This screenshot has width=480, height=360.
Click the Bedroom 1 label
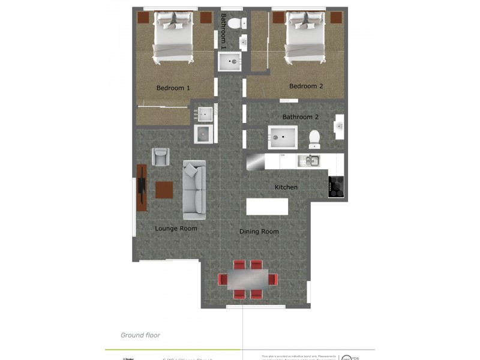click(173, 88)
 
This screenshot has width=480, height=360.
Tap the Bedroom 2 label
click(306, 86)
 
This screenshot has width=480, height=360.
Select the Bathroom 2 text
click(300, 117)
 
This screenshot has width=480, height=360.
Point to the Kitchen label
click(286, 187)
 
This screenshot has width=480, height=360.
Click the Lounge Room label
click(176, 229)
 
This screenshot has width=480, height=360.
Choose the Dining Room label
click(259, 232)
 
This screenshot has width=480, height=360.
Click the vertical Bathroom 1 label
click(224, 31)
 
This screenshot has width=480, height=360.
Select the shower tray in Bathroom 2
click(282, 137)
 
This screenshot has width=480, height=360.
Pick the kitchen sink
click(308, 160)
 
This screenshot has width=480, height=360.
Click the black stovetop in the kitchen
click(335, 187)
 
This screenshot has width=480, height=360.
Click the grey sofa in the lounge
click(194, 190)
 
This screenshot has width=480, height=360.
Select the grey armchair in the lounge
click(160, 157)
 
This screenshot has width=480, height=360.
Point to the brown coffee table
click(164, 190)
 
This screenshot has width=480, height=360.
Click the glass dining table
click(247, 280)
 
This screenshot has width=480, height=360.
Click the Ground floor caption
click(140, 335)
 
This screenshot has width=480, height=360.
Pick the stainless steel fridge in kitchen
click(256, 161)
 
